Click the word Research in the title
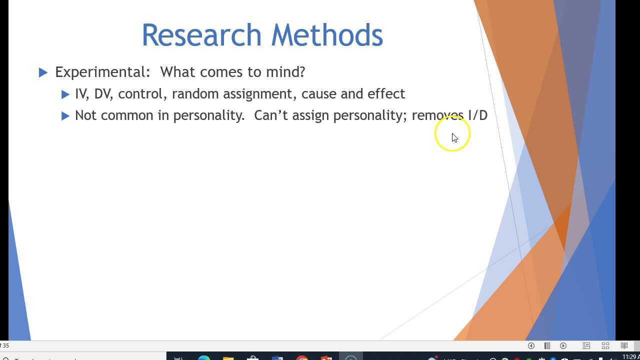click(201, 35)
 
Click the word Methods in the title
click(327, 35)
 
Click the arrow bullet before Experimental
click(43, 72)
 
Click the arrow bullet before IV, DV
click(65, 94)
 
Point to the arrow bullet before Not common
click(65, 116)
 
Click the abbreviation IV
click(81, 94)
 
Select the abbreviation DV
click(102, 94)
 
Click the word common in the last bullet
click(127, 115)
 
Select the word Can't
click(271, 115)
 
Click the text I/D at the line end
click(477, 115)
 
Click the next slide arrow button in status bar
click(563, 345)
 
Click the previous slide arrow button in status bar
click(531, 345)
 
